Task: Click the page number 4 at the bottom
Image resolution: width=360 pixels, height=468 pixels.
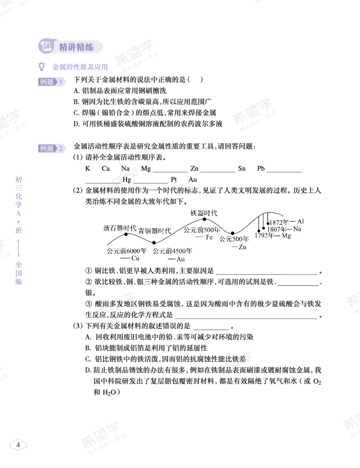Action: (18, 445)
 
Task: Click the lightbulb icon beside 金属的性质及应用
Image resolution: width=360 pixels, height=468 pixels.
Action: (42, 66)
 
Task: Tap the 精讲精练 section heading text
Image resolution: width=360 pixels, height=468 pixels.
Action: (76, 47)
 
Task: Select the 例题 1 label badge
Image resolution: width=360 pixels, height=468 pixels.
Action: (52, 82)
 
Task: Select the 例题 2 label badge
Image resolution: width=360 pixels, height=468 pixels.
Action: (52, 148)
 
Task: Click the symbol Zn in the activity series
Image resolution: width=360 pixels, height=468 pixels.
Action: (194, 168)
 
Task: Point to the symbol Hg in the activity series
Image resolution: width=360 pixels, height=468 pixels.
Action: (127, 180)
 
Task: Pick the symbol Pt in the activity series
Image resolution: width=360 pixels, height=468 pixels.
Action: (174, 180)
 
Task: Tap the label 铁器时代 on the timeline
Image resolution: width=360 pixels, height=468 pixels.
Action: (204, 213)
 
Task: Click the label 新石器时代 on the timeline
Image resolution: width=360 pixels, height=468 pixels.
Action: (120, 228)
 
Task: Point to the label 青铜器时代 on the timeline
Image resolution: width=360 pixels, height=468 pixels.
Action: (154, 231)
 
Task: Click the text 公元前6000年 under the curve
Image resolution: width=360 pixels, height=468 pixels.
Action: (127, 251)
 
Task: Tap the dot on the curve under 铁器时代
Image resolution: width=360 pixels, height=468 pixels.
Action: (204, 220)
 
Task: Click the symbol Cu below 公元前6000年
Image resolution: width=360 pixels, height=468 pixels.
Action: (135, 258)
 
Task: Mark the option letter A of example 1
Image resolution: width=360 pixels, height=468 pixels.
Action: (76, 90)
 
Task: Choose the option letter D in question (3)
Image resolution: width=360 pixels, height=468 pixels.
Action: (88, 370)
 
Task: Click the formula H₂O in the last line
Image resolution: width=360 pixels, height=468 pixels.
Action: (109, 392)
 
